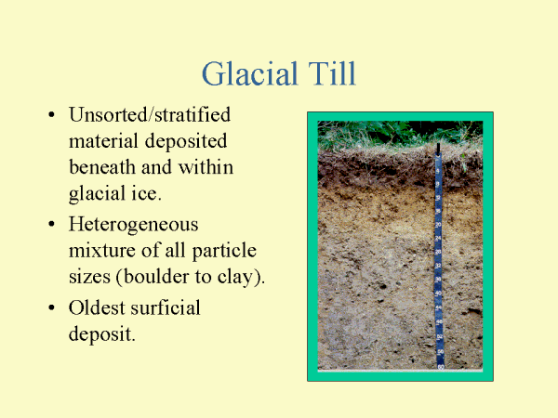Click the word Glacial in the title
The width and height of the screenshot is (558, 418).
click(x=244, y=73)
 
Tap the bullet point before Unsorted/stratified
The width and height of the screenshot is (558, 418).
click(x=50, y=117)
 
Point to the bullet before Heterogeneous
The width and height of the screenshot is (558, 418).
click(x=50, y=225)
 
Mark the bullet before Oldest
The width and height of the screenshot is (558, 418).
click(x=50, y=307)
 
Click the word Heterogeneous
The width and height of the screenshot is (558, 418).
click(x=133, y=225)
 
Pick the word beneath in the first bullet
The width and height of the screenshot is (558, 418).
click(x=101, y=168)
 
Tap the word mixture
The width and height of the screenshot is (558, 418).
click(x=102, y=251)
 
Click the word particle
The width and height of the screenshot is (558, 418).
click(x=225, y=251)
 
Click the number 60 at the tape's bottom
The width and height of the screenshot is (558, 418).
click(x=440, y=366)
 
